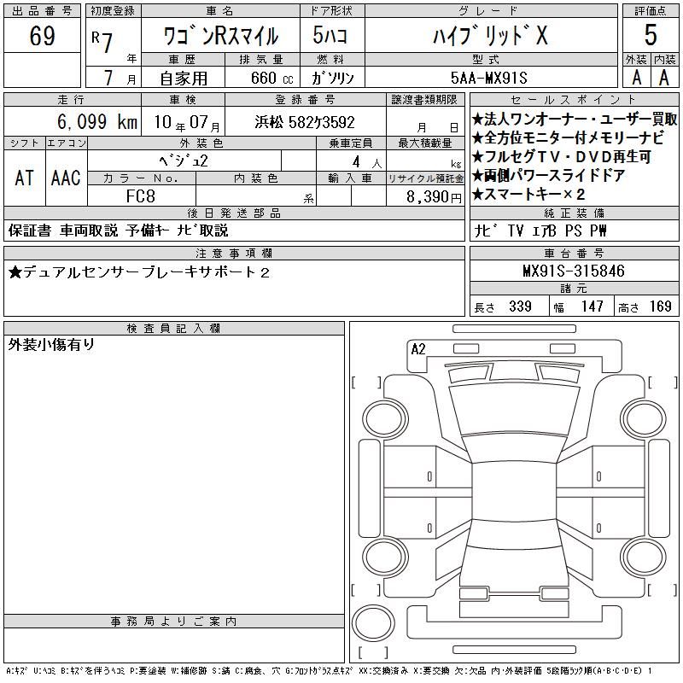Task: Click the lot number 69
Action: pos(42,35)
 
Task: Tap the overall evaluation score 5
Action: pos(651,35)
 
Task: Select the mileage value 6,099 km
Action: pos(97,121)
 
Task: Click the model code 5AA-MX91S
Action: pos(488,78)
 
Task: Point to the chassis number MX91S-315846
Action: pos(574,271)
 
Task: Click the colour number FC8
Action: pos(140,196)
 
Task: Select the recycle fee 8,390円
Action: pos(434,197)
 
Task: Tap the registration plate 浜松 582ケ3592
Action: pos(305,122)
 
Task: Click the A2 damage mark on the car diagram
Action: pos(418,349)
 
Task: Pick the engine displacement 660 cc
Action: pos(271,78)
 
